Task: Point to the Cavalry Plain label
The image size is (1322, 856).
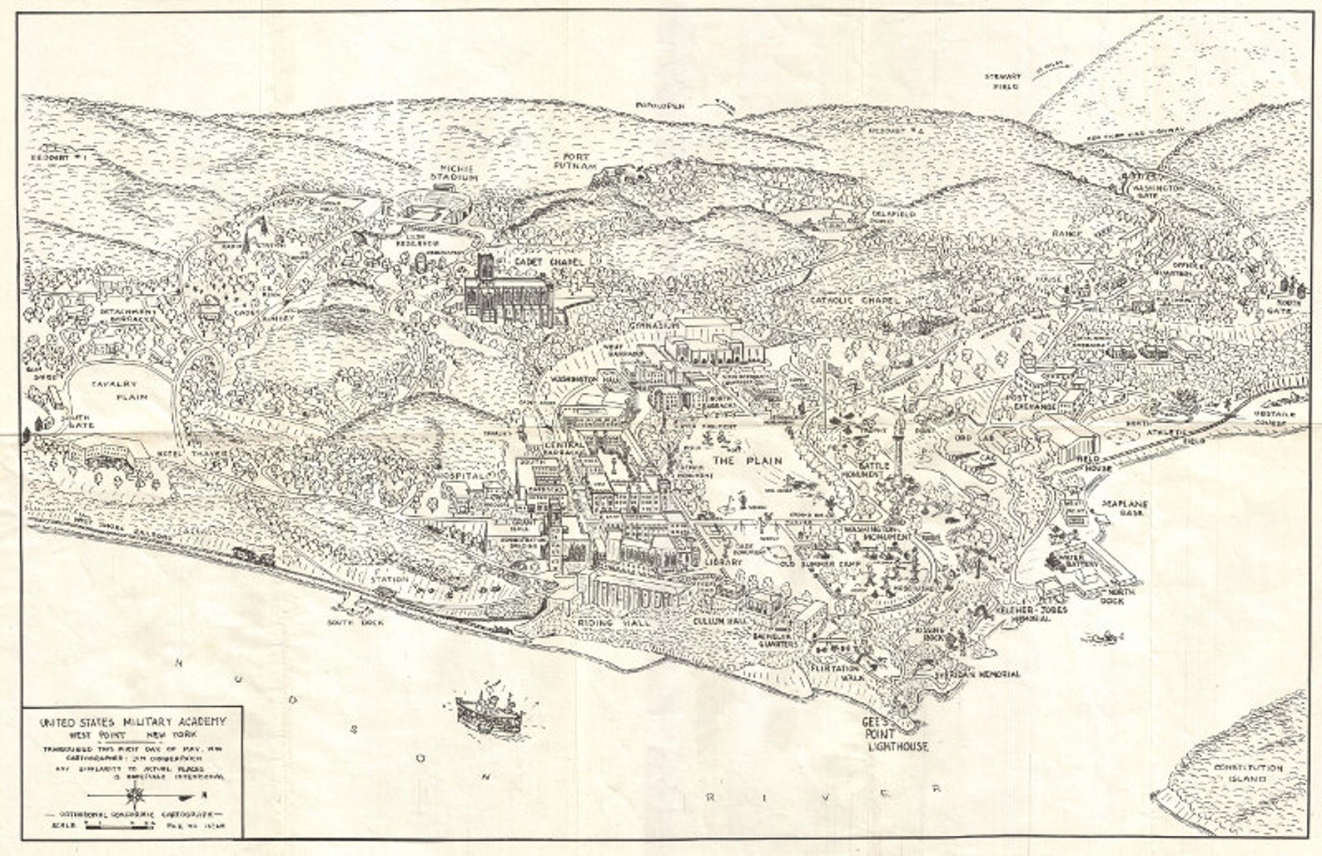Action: [x=122, y=391]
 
